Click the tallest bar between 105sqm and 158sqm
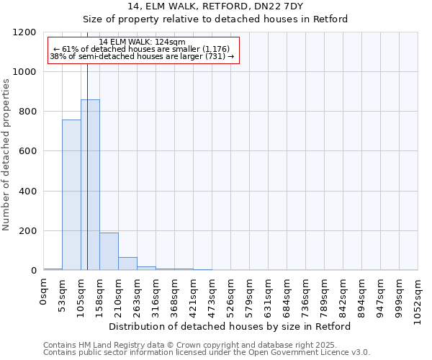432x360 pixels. [90, 185]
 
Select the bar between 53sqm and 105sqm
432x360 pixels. [71, 194]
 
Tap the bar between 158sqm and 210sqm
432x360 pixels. [109, 251]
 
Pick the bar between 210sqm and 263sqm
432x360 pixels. [127, 264]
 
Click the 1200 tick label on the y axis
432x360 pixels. [24, 32]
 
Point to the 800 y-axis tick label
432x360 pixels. [27, 112]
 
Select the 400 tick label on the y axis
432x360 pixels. [27, 192]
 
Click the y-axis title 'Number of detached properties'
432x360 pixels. [7, 156]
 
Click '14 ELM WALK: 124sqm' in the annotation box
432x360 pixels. [142, 42]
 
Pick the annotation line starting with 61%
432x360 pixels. [142, 49]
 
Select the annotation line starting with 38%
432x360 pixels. [142, 56]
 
